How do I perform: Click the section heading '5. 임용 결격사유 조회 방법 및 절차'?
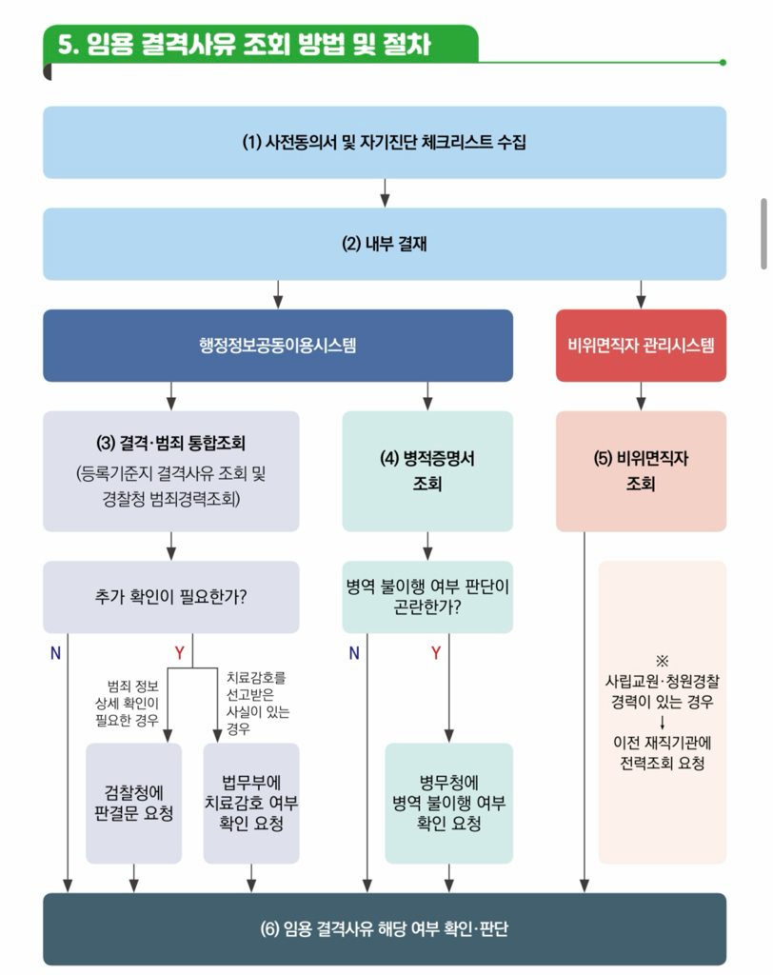click(245, 45)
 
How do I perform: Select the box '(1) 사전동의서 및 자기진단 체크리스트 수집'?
click(384, 143)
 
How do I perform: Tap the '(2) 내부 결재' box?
click(384, 244)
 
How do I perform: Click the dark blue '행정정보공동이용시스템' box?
click(277, 345)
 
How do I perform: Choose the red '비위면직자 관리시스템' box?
click(641, 345)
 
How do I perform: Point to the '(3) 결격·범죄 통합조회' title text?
click(171, 443)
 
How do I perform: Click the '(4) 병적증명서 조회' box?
click(427, 470)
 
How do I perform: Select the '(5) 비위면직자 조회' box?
click(641, 470)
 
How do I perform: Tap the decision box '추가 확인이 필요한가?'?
click(171, 597)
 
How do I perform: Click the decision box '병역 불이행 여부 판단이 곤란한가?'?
click(427, 597)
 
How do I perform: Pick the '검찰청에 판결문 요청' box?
click(133, 803)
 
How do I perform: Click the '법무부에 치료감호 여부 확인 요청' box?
click(251, 803)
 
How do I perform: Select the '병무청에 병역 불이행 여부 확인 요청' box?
click(448, 803)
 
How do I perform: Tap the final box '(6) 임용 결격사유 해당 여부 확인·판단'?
click(384, 928)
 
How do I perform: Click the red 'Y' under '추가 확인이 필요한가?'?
click(179, 652)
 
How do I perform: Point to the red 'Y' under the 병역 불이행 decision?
click(436, 652)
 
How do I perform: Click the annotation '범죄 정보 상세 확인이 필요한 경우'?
click(133, 703)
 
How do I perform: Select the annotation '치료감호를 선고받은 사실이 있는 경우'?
click(257, 703)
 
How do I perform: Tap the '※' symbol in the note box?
click(662, 661)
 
